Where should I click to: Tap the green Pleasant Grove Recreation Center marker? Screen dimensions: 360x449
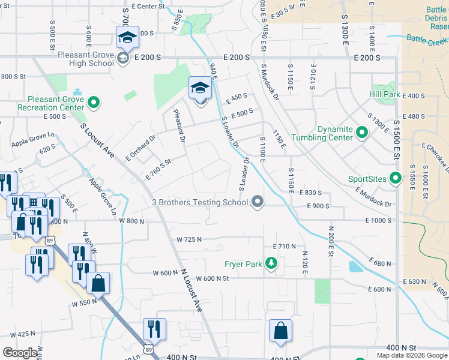[x=93, y=103]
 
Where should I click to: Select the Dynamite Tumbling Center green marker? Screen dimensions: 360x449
[x=362, y=132]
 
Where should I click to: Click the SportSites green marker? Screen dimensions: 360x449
[x=395, y=178]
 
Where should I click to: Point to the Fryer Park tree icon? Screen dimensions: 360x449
[x=272, y=263]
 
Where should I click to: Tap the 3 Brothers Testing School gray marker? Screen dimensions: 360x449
[x=258, y=202]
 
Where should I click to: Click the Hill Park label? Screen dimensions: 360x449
[x=384, y=94]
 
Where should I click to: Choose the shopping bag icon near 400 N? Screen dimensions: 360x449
[x=280, y=331]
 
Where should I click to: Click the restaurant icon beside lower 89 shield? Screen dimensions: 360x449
[x=154, y=329]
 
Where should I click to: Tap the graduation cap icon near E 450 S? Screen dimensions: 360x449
[x=200, y=89]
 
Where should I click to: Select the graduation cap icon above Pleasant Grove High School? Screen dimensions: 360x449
[x=127, y=38]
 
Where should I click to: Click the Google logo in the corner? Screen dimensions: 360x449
[x=20, y=353]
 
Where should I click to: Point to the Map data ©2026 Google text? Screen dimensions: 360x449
[x=412, y=355]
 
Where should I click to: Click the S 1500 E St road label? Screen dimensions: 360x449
[x=397, y=137]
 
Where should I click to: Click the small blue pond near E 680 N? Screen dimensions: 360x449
[x=355, y=266]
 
